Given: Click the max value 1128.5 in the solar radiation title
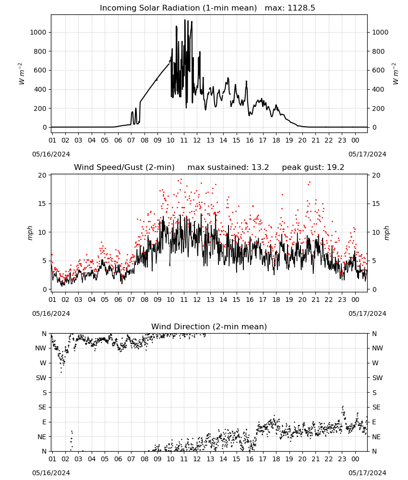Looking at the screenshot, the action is click(x=301, y=8).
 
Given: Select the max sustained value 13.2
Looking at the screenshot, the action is click(x=260, y=168).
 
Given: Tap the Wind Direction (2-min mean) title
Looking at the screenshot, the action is click(x=209, y=326).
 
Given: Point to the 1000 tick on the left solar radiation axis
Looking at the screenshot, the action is click(x=38, y=32).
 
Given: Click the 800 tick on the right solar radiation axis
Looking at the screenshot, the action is click(x=378, y=51).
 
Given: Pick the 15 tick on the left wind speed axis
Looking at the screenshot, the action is click(x=42, y=204).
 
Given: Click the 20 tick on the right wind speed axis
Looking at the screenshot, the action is click(x=376, y=175).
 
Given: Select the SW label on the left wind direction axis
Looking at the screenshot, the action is click(x=41, y=378).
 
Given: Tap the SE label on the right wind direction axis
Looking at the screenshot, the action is click(x=376, y=407).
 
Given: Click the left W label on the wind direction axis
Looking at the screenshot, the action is click(x=43, y=363).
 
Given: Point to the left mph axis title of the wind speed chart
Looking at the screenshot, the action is click(x=30, y=233).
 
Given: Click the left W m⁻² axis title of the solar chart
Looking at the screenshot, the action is click(x=21, y=74).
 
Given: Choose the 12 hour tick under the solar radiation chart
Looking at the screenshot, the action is click(x=197, y=140).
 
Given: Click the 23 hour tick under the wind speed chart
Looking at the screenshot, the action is click(x=342, y=300).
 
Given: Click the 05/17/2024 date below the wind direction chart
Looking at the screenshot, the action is click(x=367, y=473).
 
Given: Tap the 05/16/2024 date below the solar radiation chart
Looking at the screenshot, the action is click(x=51, y=154).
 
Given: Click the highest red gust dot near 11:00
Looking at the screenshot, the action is click(x=181, y=180).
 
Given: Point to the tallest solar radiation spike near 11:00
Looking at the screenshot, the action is click(x=185, y=20).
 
